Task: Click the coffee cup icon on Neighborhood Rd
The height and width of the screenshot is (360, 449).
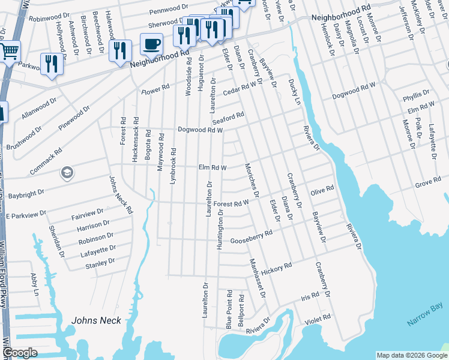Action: coord(151,43)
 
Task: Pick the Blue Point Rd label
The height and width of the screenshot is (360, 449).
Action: coord(229,309)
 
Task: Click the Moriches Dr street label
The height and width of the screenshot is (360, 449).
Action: coord(252,180)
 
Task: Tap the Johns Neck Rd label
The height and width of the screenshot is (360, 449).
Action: coord(121,195)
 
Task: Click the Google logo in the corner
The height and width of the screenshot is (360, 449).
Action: coord(20,353)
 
